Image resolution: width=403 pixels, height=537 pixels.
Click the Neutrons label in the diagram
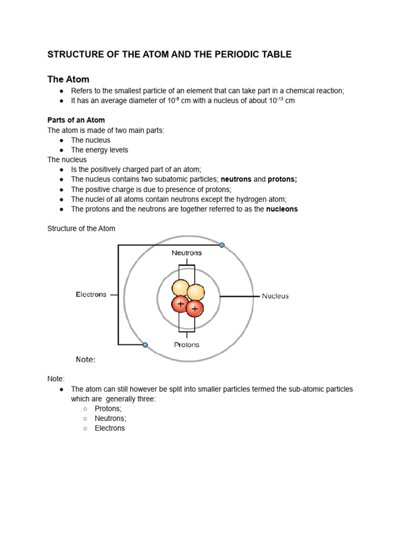pos(186,253)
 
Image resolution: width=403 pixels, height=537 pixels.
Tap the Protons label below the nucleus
pos(186,345)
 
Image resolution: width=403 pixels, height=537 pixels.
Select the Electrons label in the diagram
pos(91,294)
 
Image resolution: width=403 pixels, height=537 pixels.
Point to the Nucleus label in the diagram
pos(275,296)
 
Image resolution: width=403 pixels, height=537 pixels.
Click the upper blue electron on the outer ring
pos(222,245)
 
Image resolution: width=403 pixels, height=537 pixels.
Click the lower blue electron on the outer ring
pos(145,345)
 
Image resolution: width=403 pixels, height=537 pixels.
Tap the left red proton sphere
pos(181,304)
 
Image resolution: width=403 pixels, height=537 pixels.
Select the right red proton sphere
pos(195,309)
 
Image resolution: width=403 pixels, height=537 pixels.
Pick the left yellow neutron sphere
pos(181,288)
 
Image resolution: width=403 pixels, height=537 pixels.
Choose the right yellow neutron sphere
pos(196,293)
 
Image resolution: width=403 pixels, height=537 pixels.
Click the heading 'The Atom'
pos(68,79)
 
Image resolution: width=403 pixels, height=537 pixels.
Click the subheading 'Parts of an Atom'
pos(76,120)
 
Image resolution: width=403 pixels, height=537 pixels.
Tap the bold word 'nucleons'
pos(282,209)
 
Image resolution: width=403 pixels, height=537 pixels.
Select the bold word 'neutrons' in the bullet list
pos(236,179)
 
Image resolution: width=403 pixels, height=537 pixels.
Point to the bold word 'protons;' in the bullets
pos(282,179)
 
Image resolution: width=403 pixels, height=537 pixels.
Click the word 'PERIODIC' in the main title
pos(223,54)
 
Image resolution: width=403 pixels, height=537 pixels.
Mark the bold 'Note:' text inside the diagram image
pos(86,360)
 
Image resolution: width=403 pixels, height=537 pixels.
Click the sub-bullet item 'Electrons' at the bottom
pos(110,428)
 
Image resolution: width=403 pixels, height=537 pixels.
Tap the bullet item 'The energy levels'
pos(99,150)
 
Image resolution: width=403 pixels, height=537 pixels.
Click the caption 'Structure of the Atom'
pos(81,229)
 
